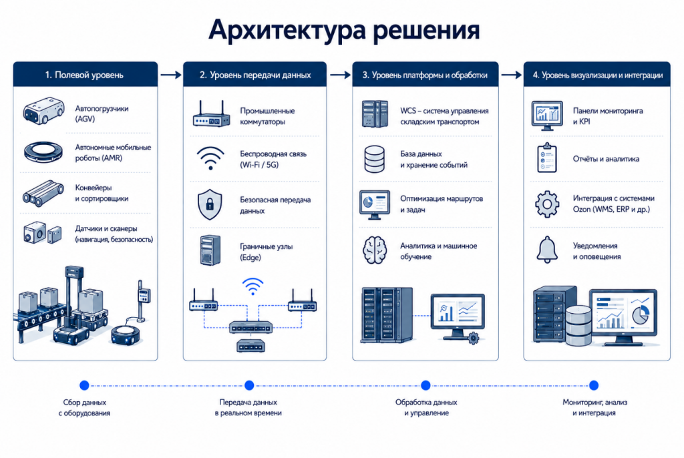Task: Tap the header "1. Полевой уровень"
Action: (x=84, y=75)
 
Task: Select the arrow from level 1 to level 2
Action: (x=170, y=75)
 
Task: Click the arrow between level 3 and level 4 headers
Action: (x=511, y=75)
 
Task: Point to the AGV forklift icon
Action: (x=43, y=111)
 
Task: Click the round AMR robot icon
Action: (x=43, y=152)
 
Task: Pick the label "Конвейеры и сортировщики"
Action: (x=102, y=193)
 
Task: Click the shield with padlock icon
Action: (x=210, y=204)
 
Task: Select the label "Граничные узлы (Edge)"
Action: (x=266, y=252)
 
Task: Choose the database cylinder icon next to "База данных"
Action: (x=374, y=159)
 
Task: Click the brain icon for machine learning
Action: (x=374, y=250)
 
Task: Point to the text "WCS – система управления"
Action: (x=444, y=111)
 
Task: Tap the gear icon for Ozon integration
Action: (x=547, y=204)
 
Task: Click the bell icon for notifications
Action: (x=547, y=250)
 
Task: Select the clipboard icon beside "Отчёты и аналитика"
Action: (x=547, y=158)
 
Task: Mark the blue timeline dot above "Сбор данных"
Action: (x=85, y=385)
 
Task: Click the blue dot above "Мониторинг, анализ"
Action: (x=594, y=385)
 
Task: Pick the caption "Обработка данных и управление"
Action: (x=426, y=407)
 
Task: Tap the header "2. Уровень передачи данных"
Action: (x=255, y=75)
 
